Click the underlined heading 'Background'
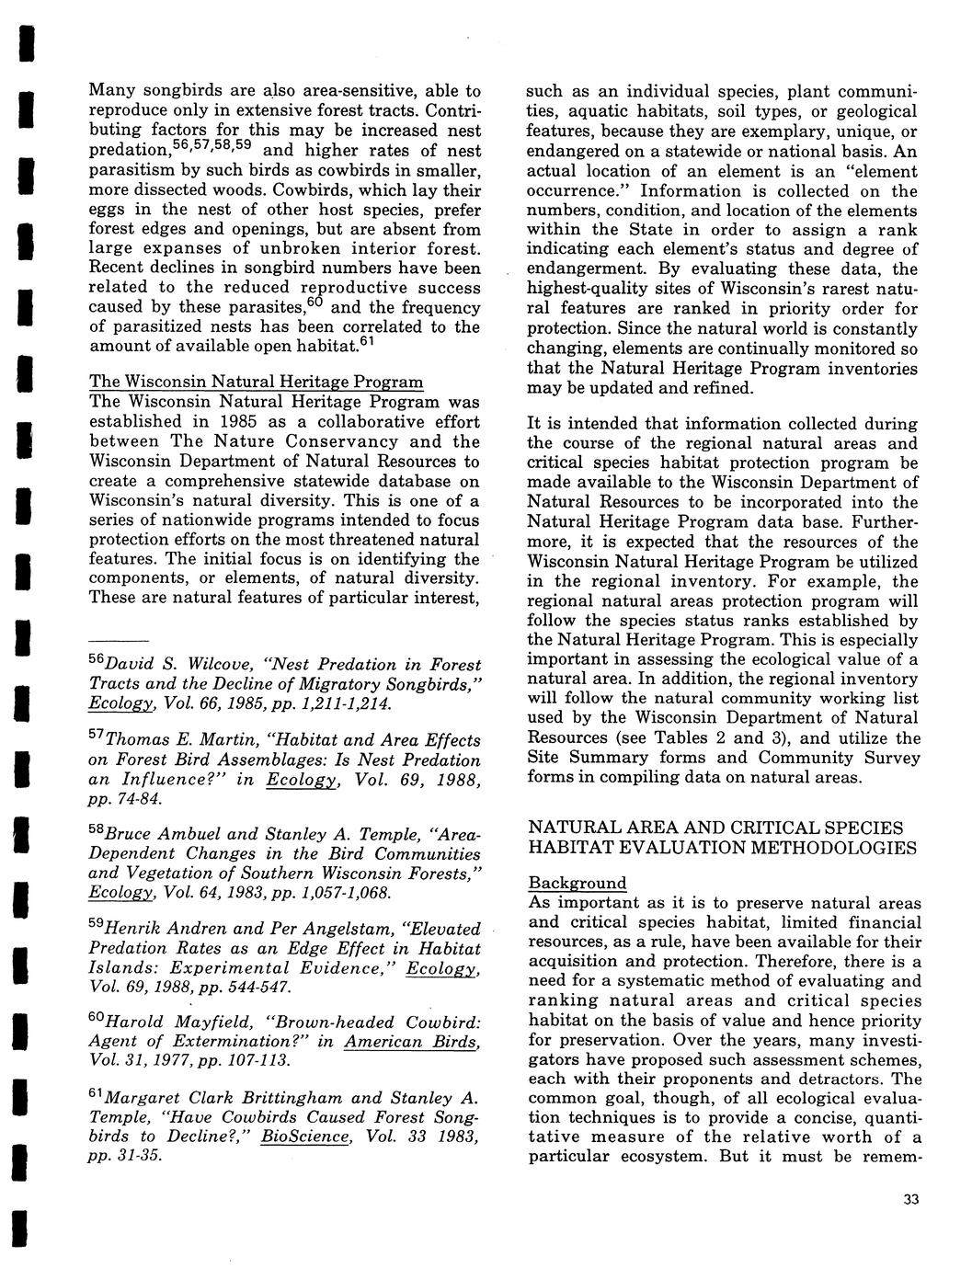click(577, 883)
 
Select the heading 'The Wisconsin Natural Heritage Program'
click(256, 382)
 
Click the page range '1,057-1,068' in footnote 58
click(346, 892)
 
